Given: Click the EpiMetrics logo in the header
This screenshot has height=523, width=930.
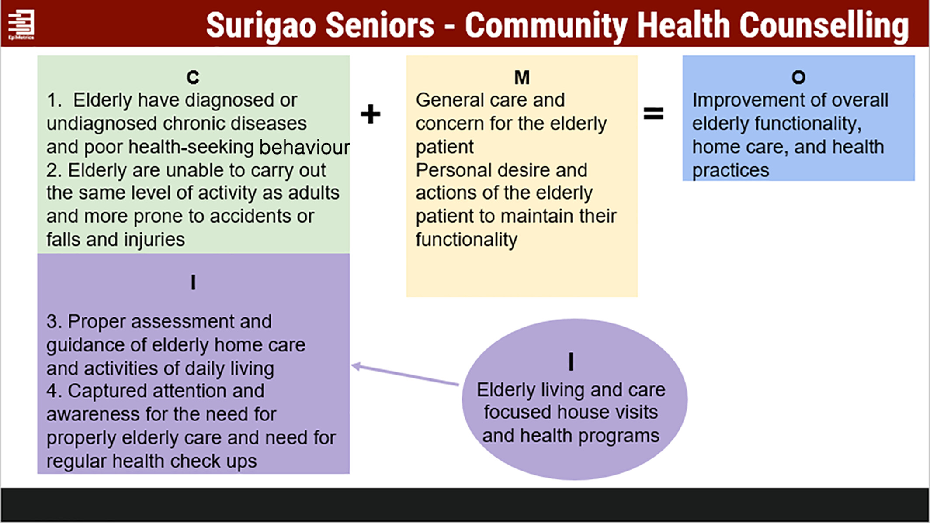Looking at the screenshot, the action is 21,24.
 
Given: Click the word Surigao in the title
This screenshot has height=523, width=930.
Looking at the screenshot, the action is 261,25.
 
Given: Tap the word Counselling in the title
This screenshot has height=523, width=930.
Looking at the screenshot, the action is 824,26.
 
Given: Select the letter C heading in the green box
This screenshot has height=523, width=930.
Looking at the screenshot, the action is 193,77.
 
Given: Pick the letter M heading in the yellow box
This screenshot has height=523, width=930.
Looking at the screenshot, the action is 522,77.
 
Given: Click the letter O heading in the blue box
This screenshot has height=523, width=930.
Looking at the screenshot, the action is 798,77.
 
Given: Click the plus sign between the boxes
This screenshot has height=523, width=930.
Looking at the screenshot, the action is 371,114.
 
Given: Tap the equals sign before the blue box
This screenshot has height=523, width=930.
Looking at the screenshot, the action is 653,114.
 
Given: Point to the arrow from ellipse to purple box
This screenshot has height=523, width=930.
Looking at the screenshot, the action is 405,375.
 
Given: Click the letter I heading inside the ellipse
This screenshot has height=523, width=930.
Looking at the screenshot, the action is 571,362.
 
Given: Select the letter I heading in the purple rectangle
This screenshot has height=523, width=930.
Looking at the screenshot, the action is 193,282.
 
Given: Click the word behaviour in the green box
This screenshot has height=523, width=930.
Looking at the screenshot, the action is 305,147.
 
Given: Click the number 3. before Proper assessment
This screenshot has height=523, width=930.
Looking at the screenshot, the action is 54,322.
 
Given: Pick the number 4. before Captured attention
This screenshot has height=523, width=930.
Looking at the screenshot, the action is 54,391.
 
